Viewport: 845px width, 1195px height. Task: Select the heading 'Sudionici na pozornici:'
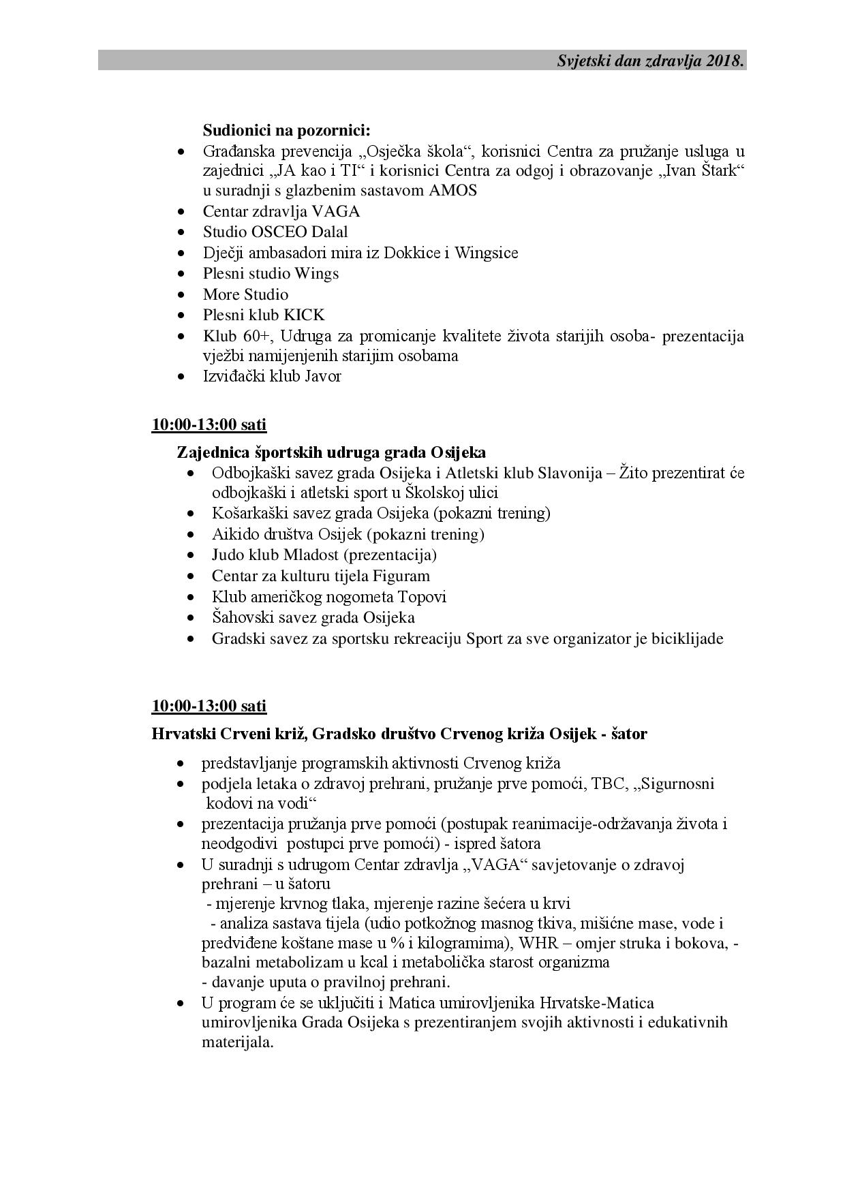286,129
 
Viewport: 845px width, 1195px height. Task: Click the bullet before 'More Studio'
181,295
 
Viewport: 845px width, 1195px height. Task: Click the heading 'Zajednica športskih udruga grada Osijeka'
331,452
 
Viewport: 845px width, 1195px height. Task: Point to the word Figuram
401,576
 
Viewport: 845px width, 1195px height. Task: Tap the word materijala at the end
237,1042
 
